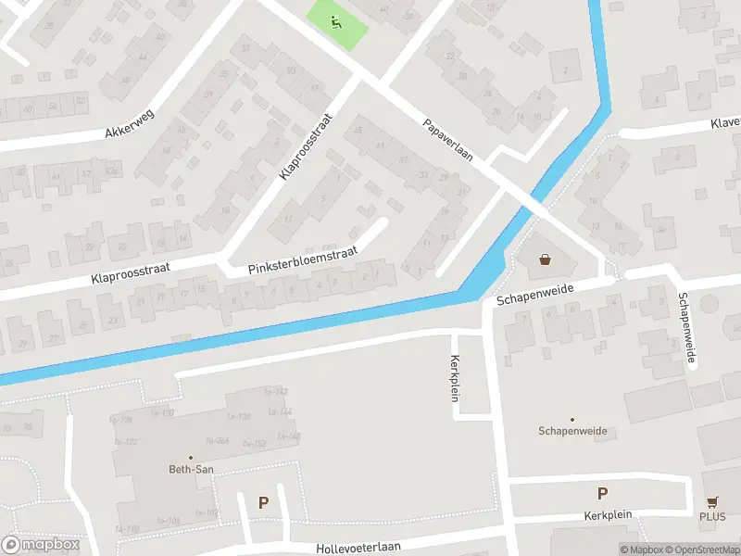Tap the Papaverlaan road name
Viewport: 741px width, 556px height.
(448, 140)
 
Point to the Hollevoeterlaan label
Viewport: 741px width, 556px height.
(358, 547)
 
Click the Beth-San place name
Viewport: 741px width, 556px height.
(191, 470)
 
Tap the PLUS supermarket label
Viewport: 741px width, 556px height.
(713, 517)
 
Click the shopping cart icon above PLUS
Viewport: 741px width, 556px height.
(712, 501)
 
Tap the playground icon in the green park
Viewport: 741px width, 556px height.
(336, 20)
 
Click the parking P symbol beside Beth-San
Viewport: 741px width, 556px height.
(263, 503)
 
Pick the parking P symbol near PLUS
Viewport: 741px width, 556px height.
(603, 494)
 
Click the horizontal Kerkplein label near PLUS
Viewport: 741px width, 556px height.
(607, 515)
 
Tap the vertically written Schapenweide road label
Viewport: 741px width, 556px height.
(685, 331)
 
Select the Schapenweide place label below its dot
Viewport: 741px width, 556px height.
(571, 431)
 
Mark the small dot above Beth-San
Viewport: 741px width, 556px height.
(191, 457)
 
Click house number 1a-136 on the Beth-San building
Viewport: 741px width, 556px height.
(238, 417)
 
